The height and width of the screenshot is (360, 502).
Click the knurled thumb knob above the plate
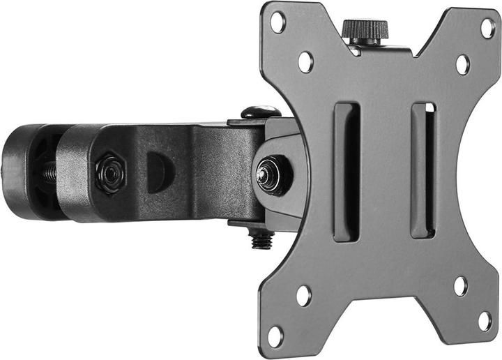[365, 31]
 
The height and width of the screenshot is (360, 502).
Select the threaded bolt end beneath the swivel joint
[262, 240]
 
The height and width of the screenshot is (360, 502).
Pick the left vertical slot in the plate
[347, 172]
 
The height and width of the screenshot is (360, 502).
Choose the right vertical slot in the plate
[423, 171]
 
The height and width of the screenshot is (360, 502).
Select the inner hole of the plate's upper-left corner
[305, 61]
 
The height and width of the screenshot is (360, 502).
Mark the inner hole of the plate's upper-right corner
[462, 64]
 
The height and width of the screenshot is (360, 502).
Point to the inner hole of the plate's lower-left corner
[303, 295]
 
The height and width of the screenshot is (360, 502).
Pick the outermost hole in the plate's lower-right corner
[484, 321]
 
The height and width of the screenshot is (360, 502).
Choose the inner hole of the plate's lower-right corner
[460, 285]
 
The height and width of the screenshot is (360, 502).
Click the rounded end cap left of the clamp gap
[21, 172]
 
